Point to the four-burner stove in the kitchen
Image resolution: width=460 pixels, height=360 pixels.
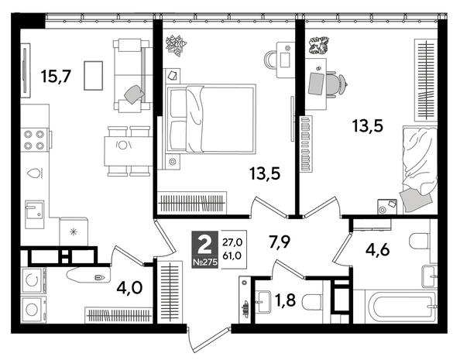pos(34,139)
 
